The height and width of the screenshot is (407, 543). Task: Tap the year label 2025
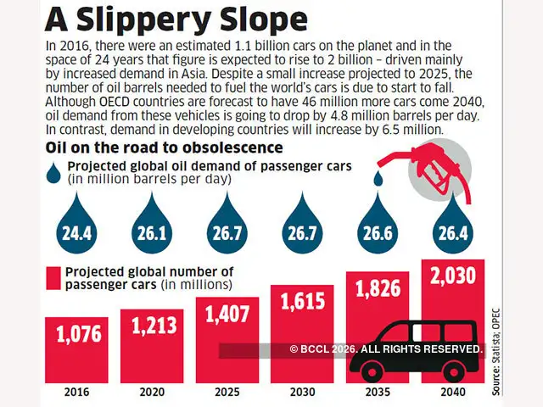click(x=227, y=393)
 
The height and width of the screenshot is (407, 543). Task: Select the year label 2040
click(x=453, y=393)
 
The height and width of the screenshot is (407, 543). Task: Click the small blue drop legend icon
click(x=54, y=172)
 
